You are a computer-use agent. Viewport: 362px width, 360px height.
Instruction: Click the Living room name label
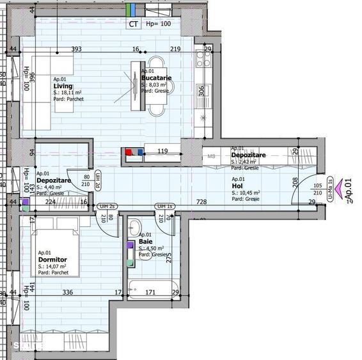click(63, 86)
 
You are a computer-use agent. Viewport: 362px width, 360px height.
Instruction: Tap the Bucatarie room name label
click(156, 77)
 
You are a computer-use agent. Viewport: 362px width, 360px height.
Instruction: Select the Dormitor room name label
click(52, 260)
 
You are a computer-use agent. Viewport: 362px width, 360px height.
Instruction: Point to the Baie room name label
click(145, 242)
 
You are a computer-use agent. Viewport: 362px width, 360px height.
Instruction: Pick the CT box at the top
click(134, 24)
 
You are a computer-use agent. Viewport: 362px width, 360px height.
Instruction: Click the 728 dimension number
click(201, 202)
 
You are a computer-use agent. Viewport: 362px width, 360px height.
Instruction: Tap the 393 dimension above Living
click(77, 49)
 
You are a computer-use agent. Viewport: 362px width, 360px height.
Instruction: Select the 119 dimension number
click(162, 152)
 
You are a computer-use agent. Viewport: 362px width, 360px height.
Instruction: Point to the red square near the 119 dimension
click(128, 152)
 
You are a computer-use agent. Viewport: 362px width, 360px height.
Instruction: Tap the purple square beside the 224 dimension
click(25, 202)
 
